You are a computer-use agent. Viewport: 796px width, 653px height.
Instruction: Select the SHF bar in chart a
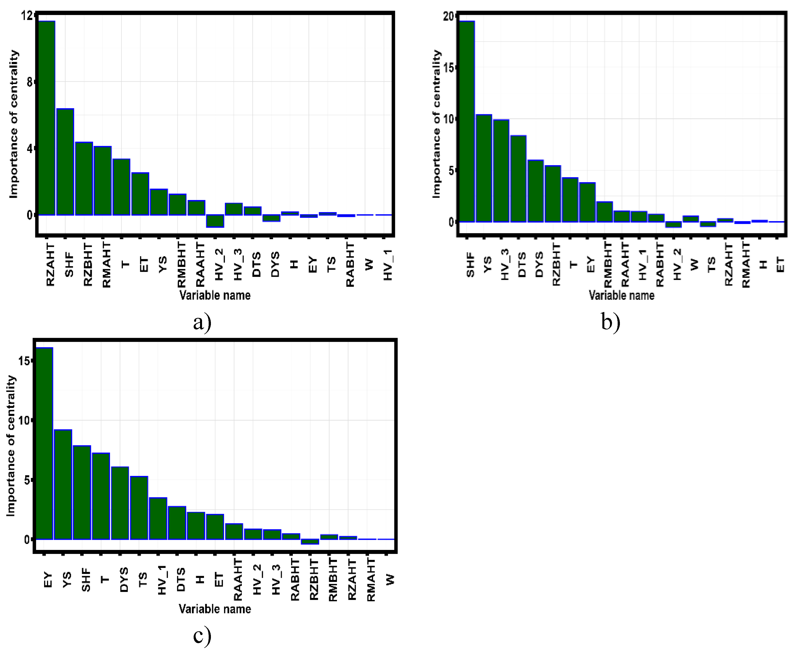[x=65, y=162]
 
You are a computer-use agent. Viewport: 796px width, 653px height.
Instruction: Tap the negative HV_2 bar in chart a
[x=215, y=221]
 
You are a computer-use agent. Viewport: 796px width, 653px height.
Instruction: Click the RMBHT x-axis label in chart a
[x=181, y=264]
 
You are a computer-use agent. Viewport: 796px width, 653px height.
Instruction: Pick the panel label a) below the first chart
[x=202, y=322]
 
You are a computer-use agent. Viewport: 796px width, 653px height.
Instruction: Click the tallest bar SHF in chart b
[x=466, y=122]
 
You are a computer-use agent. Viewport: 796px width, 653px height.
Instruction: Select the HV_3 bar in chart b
[x=501, y=171]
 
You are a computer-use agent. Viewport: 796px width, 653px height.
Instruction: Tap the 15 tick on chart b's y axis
[x=449, y=68]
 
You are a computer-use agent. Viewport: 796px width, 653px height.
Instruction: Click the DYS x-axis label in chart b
[x=539, y=264]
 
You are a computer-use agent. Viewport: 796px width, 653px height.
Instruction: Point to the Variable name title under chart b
[x=621, y=295]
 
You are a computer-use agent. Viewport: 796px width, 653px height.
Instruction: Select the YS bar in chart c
[x=63, y=485]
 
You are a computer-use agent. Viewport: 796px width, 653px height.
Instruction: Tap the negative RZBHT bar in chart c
[x=310, y=542]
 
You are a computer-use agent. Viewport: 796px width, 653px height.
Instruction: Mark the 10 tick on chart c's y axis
[x=24, y=420]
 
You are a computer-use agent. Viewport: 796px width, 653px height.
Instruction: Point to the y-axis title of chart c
[x=11, y=446]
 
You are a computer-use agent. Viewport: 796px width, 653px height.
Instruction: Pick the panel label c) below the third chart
[x=202, y=636]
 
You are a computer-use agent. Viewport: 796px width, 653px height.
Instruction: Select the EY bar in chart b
[x=587, y=202]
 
